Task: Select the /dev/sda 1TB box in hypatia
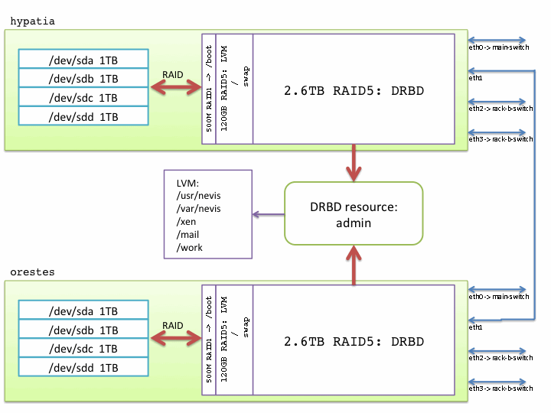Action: tap(83, 60)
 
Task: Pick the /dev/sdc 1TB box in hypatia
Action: tap(83, 98)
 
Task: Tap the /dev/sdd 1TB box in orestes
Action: tap(83, 367)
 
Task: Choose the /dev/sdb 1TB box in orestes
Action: tap(83, 330)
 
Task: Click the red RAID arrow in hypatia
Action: tap(174, 88)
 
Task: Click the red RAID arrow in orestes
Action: tap(174, 339)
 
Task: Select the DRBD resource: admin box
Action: tap(354, 213)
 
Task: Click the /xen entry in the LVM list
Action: tap(187, 221)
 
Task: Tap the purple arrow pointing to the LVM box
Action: tap(269, 214)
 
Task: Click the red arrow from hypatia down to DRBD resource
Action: tap(354, 162)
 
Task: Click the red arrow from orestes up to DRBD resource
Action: tap(354, 265)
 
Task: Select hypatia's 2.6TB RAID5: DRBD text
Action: tap(353, 91)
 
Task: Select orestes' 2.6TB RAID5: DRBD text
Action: tap(353, 342)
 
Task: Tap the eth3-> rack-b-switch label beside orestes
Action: tap(500, 389)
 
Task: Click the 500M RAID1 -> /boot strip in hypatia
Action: tap(209, 89)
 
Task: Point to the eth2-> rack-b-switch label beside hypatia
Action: tap(500, 109)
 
